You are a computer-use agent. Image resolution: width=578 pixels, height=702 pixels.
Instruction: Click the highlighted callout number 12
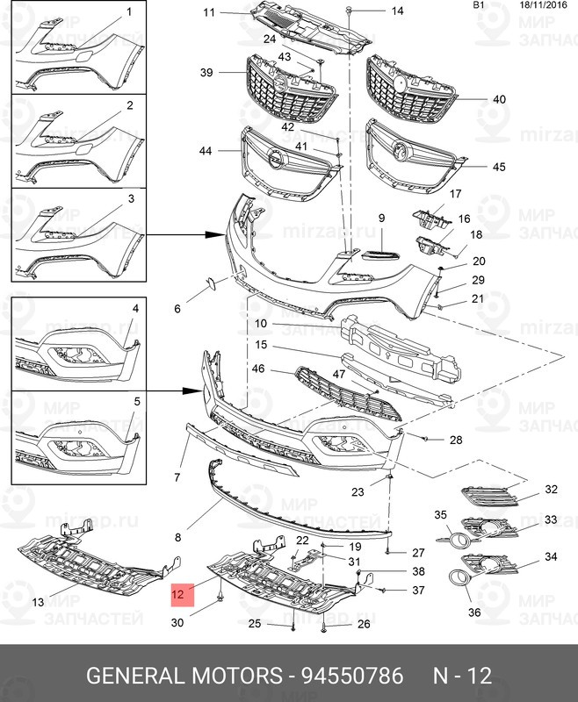click(178, 595)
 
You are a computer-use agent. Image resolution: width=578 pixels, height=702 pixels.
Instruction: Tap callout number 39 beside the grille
click(206, 72)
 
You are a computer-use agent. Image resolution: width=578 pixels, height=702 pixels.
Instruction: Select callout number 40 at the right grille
click(499, 99)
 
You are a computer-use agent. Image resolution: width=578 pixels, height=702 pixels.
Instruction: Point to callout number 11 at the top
click(209, 12)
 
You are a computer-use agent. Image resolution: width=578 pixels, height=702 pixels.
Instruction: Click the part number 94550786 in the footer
click(352, 677)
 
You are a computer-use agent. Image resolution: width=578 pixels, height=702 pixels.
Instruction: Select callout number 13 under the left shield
click(38, 602)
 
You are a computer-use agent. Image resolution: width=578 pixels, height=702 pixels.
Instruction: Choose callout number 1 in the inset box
click(129, 12)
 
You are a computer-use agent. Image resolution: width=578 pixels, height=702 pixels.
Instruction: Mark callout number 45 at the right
click(499, 167)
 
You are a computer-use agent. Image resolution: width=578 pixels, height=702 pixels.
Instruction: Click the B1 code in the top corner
click(479, 5)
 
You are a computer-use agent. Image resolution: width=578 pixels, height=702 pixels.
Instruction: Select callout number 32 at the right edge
click(551, 490)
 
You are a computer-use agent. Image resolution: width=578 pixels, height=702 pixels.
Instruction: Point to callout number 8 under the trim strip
click(177, 536)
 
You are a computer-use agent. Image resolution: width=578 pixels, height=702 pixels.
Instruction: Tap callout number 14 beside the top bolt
click(397, 11)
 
